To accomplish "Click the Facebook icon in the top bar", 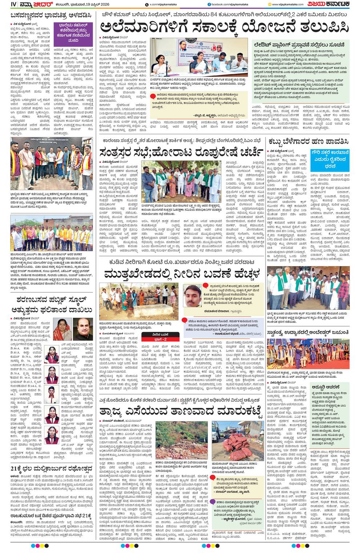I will point(209,4).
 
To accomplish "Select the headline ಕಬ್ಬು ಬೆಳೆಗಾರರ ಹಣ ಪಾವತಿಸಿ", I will point(308,141).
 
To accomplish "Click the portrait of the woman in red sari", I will point(62,329).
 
